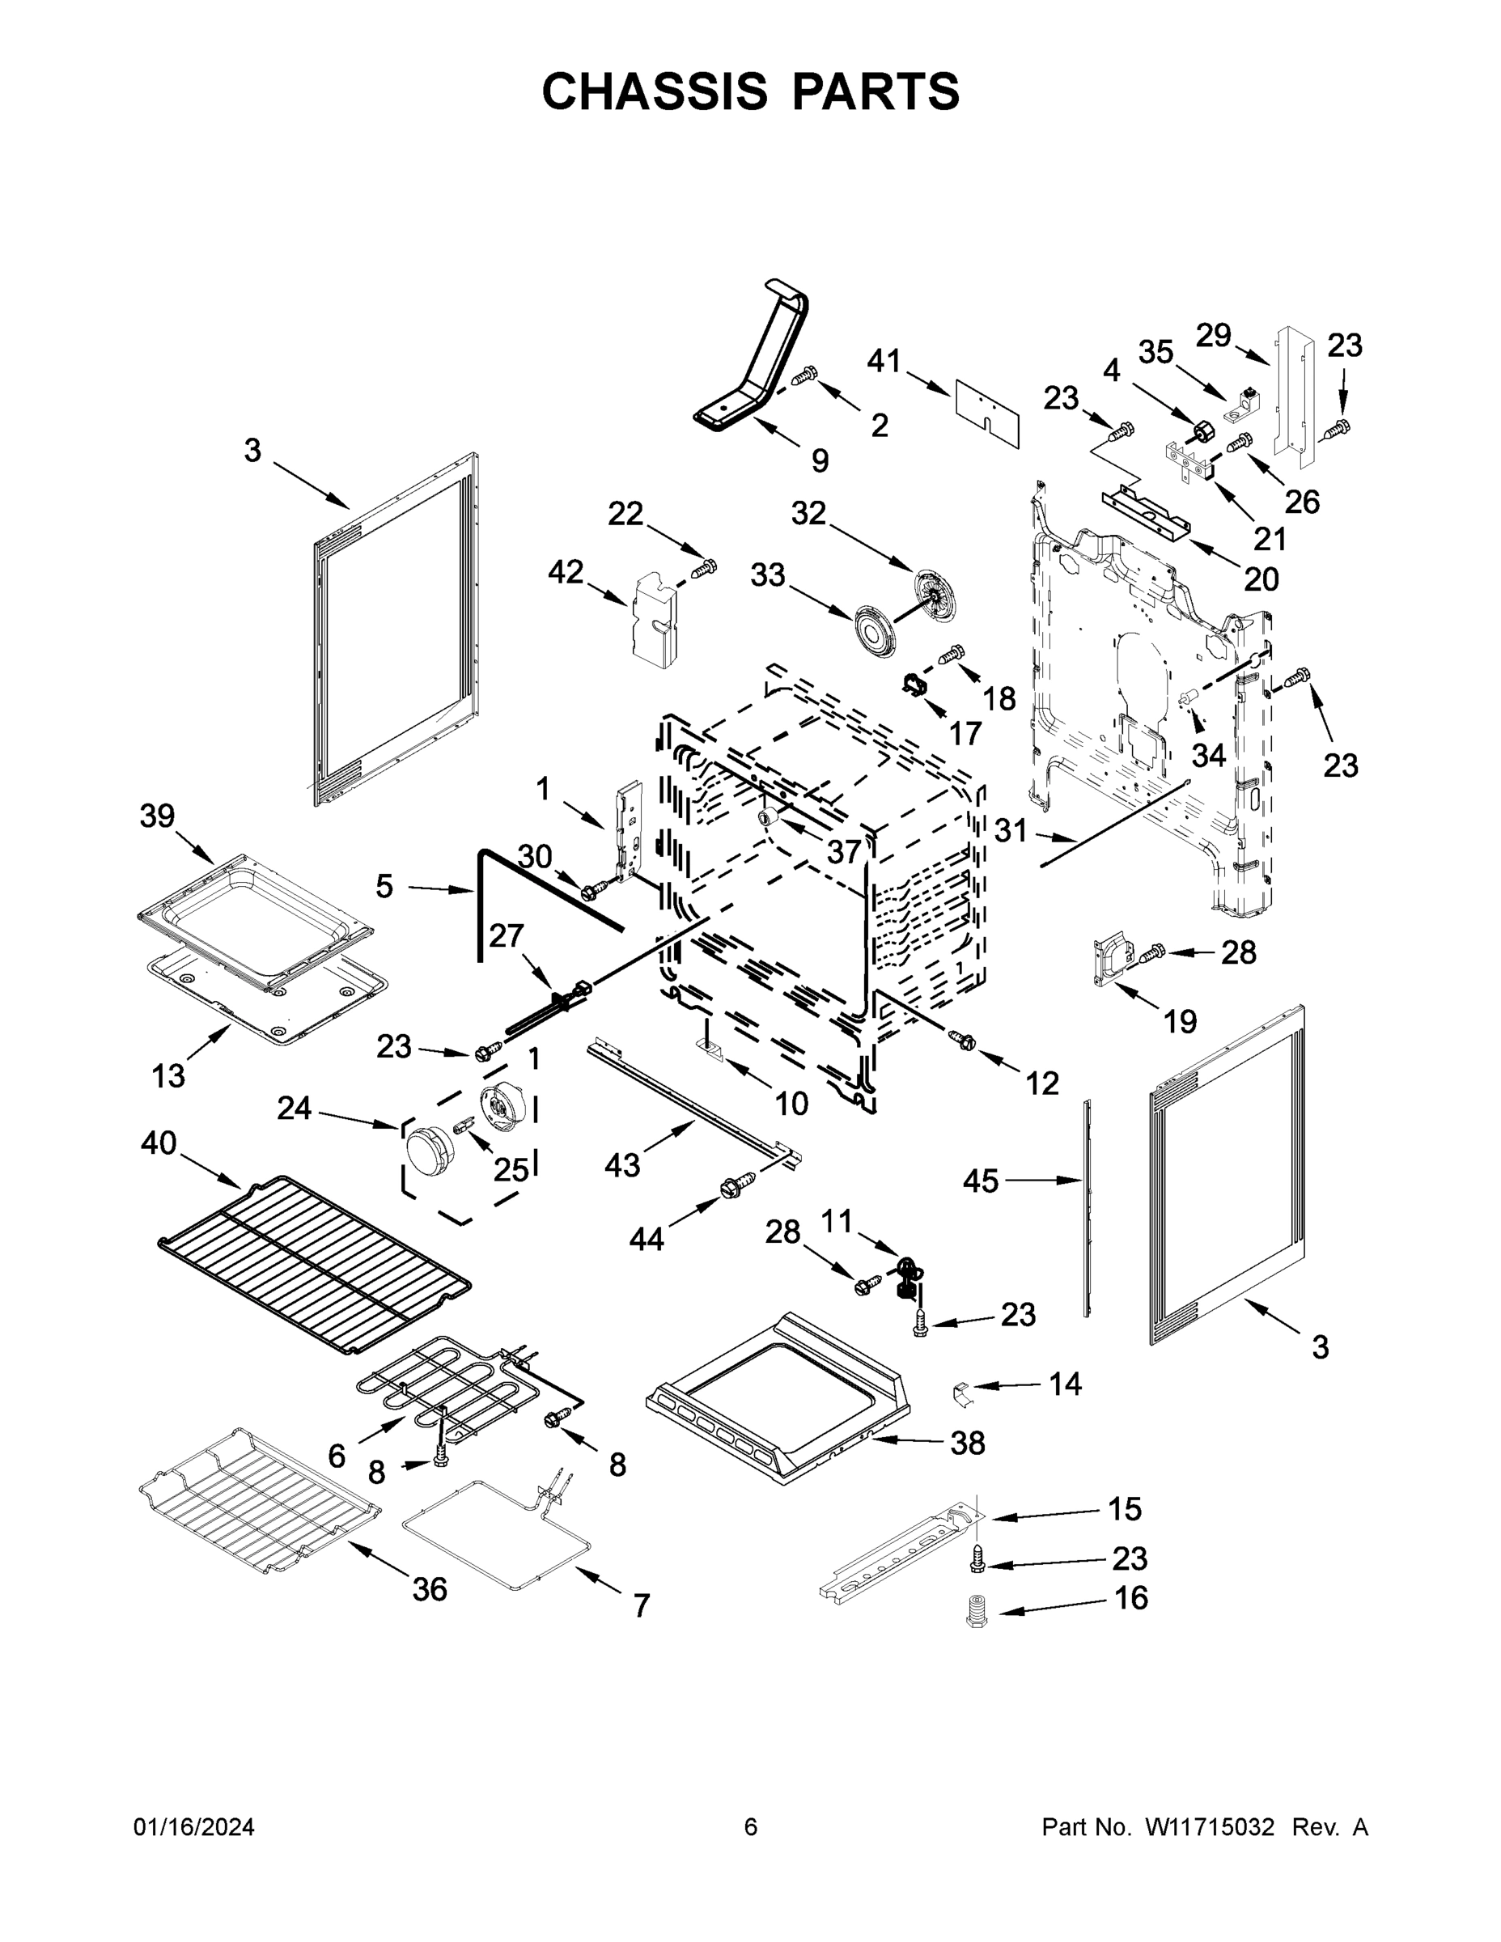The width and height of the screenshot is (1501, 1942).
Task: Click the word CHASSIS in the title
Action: point(655,91)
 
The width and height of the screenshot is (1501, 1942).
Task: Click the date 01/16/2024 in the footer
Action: point(194,1827)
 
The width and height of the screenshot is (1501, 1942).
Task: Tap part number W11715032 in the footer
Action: point(1210,1827)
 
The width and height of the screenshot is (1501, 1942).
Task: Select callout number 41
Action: point(884,361)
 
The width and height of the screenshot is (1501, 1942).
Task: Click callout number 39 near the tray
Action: point(158,816)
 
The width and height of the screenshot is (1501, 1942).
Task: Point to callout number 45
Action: point(981,1181)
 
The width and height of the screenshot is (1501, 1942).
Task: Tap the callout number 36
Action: point(430,1589)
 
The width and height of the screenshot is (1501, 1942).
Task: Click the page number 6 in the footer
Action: point(751,1827)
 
